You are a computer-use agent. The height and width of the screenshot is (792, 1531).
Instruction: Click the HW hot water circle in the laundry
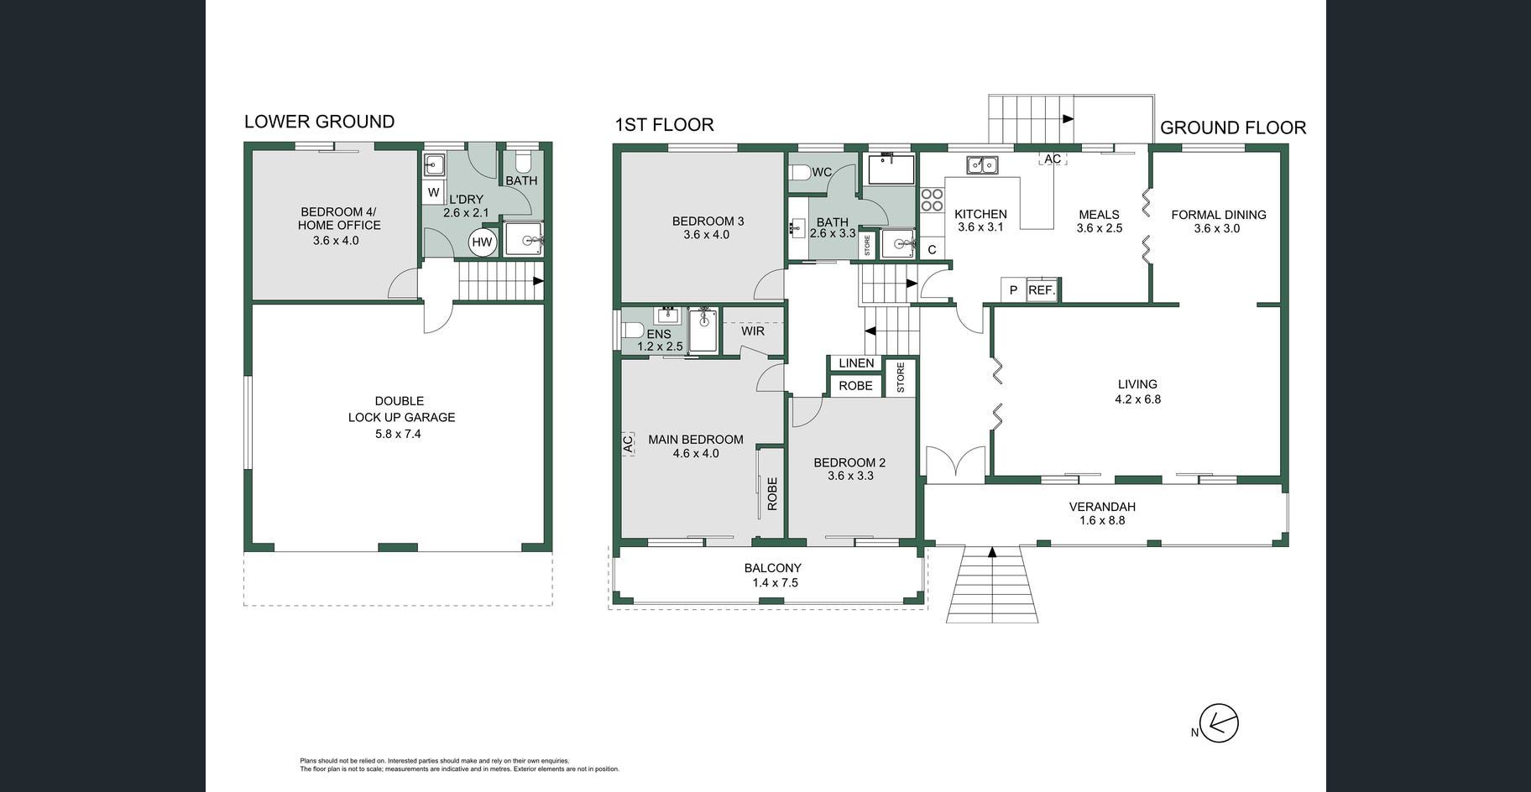coord(482,242)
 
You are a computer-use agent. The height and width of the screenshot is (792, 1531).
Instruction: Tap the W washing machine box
coord(433,192)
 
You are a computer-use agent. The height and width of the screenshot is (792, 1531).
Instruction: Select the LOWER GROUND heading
coord(319,122)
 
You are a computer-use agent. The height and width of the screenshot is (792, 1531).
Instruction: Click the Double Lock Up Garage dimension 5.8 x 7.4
coord(399,434)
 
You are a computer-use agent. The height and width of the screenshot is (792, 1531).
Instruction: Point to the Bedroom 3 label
coord(708,221)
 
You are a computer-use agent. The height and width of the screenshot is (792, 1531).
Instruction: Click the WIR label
coord(753,331)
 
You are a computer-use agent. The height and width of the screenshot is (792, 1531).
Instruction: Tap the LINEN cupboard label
coord(856,363)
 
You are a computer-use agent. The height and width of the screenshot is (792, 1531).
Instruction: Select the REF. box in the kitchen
coord(1042,289)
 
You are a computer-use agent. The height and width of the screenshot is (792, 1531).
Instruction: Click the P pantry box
coord(1013,289)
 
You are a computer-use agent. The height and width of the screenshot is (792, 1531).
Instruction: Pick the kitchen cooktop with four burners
coord(932,200)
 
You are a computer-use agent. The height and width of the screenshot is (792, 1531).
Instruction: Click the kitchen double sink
coord(982,164)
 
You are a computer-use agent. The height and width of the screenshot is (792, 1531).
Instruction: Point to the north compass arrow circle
coord(1219,722)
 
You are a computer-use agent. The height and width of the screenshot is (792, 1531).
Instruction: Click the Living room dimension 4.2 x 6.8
coord(1137,399)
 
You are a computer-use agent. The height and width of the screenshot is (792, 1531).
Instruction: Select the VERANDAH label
coord(1102,507)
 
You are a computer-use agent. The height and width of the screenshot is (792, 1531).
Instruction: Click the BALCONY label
coord(772,568)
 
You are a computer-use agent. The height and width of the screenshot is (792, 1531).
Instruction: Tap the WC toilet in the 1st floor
coord(798,172)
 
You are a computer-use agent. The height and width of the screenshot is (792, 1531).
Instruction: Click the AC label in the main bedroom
coord(628,444)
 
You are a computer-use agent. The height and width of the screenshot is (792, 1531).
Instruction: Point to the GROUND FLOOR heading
coord(1233,128)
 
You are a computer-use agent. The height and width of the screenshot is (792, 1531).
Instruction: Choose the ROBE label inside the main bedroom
coord(772,493)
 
